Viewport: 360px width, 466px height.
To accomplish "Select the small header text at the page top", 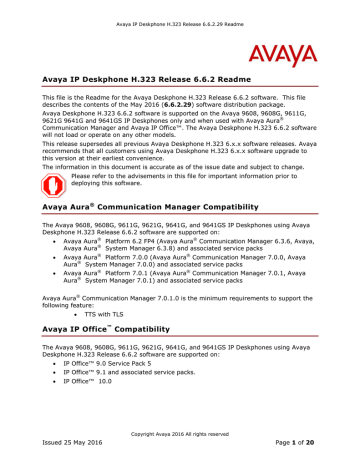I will coord(180,10).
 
